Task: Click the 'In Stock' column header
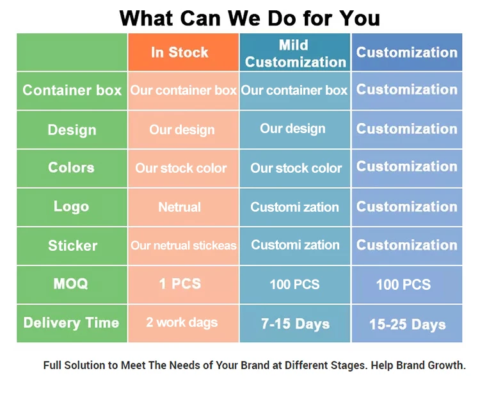(184, 52)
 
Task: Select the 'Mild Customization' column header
(295, 52)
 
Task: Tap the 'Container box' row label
(72, 91)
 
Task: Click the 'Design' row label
(72, 130)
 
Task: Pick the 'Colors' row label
(72, 168)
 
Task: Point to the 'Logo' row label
(72, 207)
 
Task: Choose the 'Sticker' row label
(72, 246)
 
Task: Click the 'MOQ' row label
(72, 285)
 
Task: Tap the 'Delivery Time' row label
(72, 324)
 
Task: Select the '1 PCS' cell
(184, 285)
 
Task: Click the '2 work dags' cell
(184, 324)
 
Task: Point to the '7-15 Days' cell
(295, 324)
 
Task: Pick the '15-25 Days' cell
(407, 324)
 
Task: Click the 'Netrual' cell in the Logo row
(184, 207)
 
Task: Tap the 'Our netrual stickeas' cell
(184, 246)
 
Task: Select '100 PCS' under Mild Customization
(295, 285)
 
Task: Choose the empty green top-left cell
(72, 52)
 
